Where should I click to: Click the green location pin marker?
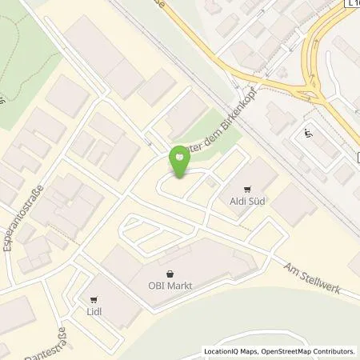(179, 162)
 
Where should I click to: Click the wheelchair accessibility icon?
(309, 134)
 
